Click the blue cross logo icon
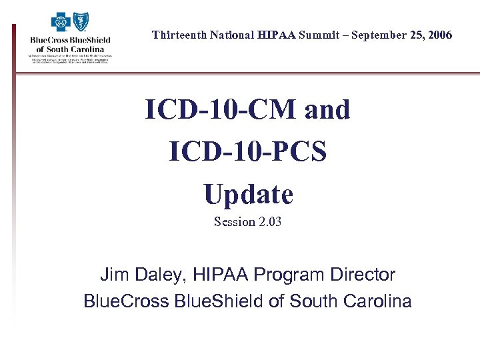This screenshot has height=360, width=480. tap(61, 23)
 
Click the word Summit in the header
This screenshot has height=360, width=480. tap(304, 35)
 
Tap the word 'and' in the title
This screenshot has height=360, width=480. tap(327, 110)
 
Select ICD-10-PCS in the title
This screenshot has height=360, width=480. tap(248, 152)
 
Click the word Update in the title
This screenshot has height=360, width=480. tap(248, 194)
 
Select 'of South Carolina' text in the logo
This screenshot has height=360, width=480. tap(70, 49)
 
